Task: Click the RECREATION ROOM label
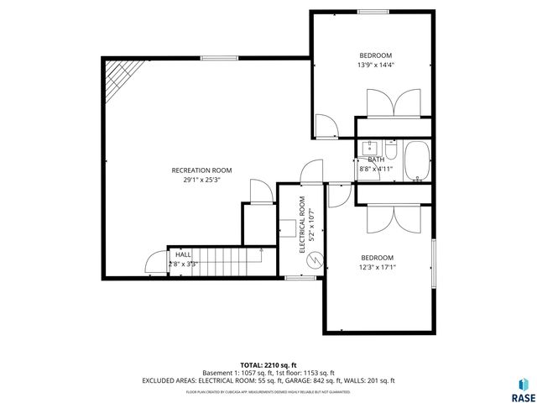click(201, 170)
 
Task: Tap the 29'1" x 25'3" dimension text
click(201, 180)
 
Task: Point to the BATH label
click(376, 160)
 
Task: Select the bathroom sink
click(367, 149)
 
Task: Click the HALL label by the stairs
click(183, 254)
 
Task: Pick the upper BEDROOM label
click(375, 55)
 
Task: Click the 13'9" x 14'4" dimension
click(375, 65)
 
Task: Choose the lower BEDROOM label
click(377, 258)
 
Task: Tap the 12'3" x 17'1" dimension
click(377, 268)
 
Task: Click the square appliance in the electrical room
click(288, 228)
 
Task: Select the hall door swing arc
click(156, 263)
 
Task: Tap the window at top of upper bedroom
click(372, 11)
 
